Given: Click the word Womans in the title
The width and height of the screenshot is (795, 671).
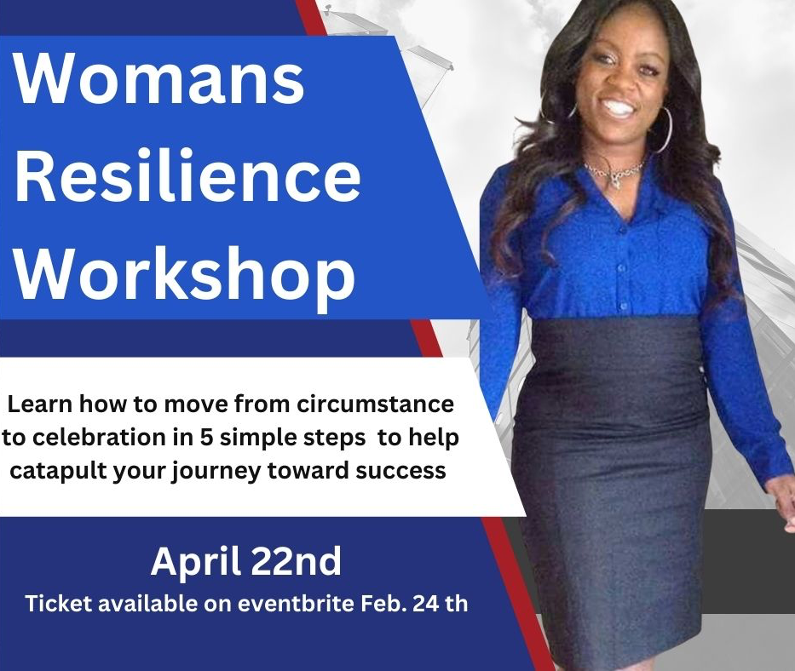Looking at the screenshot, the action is [158, 77].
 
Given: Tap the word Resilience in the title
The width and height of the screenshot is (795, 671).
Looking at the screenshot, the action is [187, 175].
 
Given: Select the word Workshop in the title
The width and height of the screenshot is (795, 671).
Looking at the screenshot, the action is [184, 276].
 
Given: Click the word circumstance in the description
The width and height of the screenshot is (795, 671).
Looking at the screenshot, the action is [375, 404].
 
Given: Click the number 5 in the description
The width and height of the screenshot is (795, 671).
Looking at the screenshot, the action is [206, 438].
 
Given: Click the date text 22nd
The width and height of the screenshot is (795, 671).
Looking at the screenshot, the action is [296, 561].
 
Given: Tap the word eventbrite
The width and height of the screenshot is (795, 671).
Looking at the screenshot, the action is [296, 604].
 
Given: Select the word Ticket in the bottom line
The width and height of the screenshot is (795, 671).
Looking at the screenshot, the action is [59, 604].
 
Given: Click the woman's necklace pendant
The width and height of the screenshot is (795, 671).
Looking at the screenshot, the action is [617, 179].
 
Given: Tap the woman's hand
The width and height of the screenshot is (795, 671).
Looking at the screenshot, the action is [785, 504].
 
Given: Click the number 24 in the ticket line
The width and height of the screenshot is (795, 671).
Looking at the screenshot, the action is [425, 604].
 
